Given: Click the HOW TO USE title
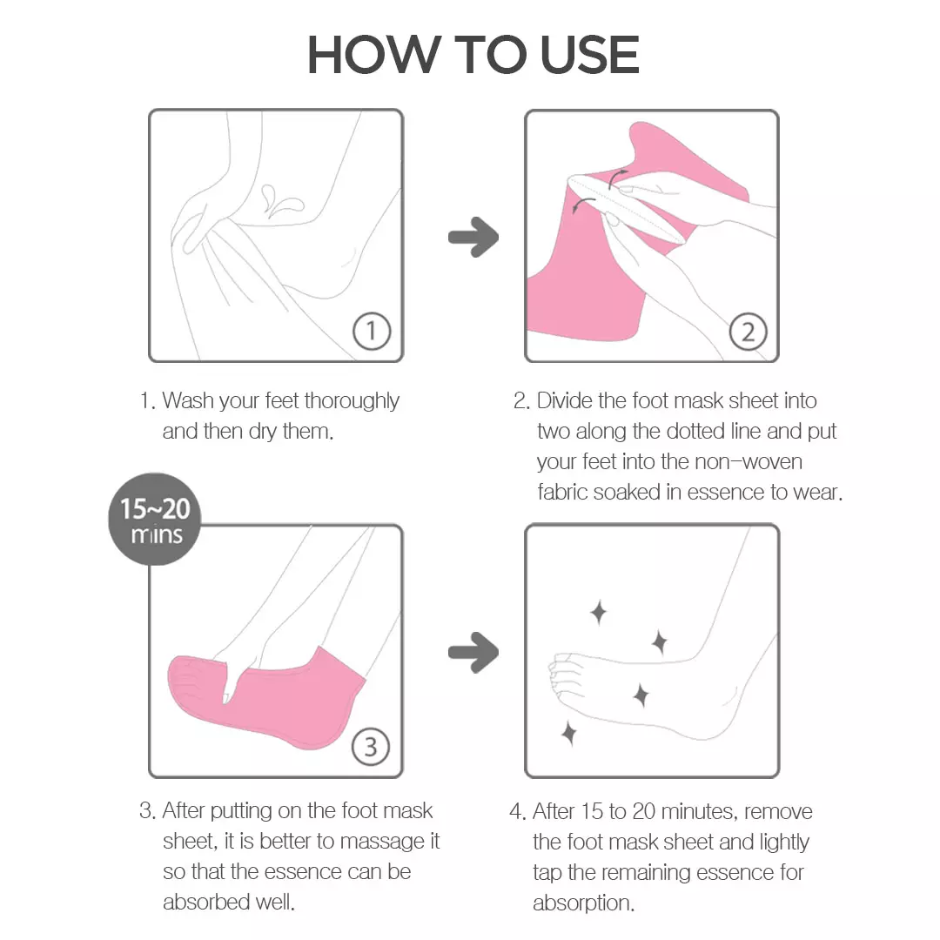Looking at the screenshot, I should coord(473,56).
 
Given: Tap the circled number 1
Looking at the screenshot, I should coord(372,332).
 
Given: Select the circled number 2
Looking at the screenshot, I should coord(748,332).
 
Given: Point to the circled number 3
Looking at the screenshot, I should coord(372,747).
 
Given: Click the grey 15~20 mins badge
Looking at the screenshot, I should coord(155,520).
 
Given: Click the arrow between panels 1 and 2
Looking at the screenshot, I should coord(473,237).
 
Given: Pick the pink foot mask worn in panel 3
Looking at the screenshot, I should coord(261,696).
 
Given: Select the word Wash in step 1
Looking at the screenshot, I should coord(188,401).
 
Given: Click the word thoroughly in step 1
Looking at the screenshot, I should coord(352,401).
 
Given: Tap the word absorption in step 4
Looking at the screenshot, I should coord(583,903).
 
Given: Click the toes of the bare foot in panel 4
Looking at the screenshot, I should coord(561,683).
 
